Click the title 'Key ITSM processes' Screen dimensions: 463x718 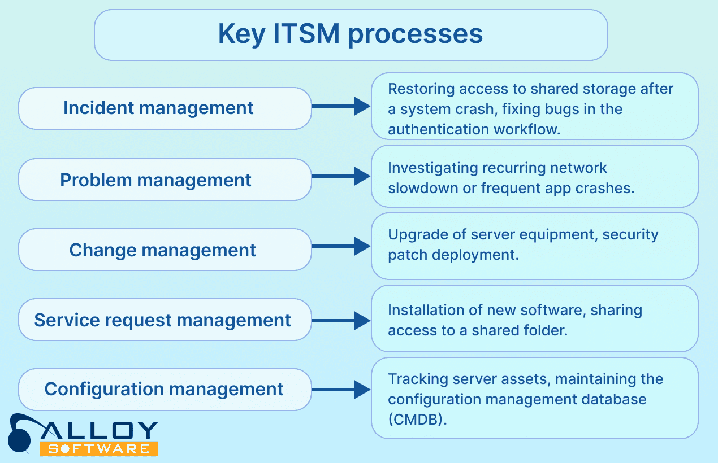(x=351, y=34)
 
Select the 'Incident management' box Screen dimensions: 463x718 (x=165, y=108)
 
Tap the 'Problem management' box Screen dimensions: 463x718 (x=165, y=180)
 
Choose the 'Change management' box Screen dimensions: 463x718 (x=165, y=250)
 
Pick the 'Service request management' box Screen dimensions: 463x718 (x=165, y=320)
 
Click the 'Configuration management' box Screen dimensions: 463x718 (x=165, y=389)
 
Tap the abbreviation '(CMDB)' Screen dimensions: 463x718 (x=414, y=420)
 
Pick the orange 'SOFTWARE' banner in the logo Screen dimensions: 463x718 (x=99, y=449)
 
